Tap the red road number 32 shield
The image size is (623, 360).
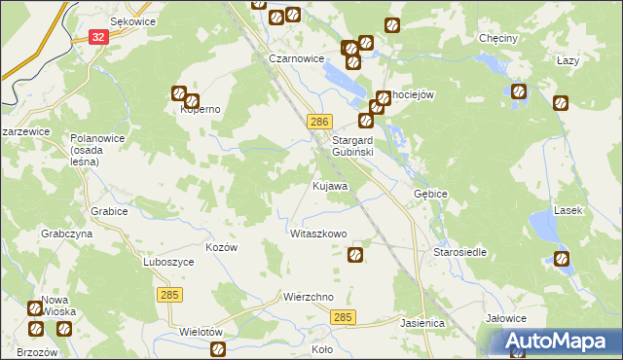[97, 37]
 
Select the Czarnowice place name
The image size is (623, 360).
[296, 58]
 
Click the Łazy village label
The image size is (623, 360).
[568, 60]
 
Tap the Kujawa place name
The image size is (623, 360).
[330, 185]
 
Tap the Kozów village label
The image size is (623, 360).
[221, 247]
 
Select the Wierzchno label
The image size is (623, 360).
[309, 297]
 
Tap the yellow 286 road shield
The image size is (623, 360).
[321, 122]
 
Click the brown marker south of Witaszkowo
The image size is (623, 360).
[355, 255]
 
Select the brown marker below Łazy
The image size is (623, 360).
[561, 102]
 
